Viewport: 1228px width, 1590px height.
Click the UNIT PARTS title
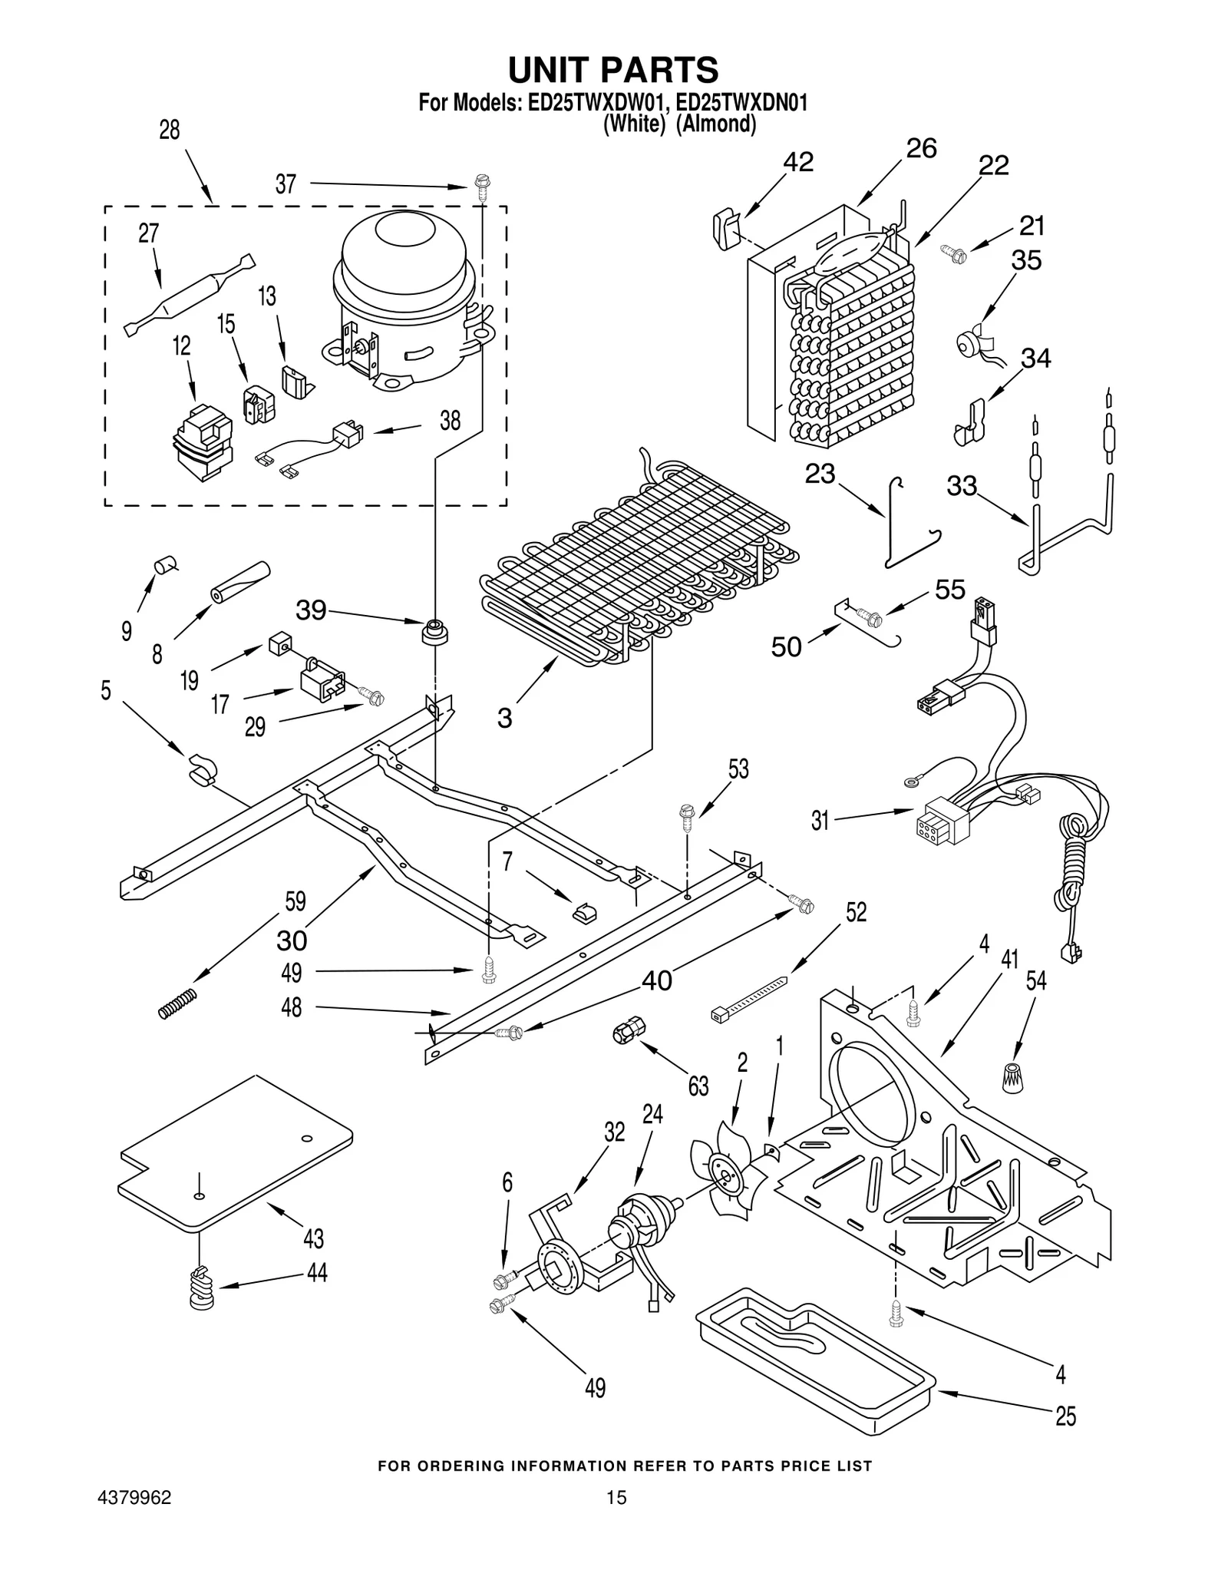point(613,70)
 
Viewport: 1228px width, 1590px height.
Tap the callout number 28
point(170,130)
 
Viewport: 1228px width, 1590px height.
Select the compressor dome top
point(403,242)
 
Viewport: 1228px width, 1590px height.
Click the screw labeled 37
point(483,187)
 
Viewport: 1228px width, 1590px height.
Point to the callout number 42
point(798,162)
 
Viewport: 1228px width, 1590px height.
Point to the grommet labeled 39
point(435,632)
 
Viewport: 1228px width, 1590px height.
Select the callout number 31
point(820,821)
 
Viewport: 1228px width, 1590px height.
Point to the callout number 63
point(698,1086)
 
